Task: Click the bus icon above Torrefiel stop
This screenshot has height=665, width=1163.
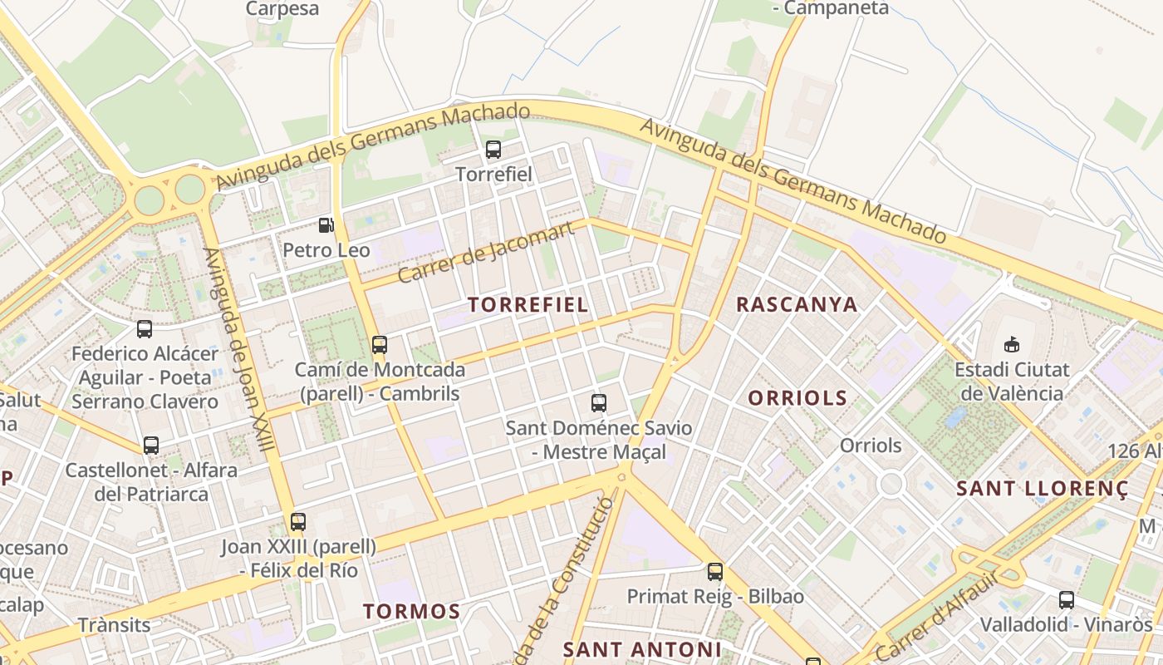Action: click(x=493, y=150)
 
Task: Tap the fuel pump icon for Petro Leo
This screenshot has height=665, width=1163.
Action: click(x=326, y=224)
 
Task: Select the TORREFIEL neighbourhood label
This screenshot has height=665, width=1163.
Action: click(x=528, y=304)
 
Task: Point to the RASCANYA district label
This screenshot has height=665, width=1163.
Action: click(x=797, y=304)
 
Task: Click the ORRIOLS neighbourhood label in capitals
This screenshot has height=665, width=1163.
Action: click(x=797, y=397)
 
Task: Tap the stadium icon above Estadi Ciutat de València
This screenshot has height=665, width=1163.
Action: click(x=1011, y=343)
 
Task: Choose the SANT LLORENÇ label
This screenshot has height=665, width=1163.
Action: click(x=1043, y=488)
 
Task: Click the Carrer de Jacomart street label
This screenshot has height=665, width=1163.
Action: click(x=486, y=252)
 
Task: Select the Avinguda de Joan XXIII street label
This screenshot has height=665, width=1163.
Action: click(x=238, y=349)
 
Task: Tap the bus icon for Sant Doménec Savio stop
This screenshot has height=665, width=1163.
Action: click(x=599, y=403)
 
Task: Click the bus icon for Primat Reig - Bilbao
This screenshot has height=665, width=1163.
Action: click(x=715, y=572)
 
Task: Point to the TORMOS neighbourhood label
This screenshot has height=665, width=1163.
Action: click(x=411, y=612)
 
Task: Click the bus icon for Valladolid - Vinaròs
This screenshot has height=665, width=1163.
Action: click(x=1067, y=599)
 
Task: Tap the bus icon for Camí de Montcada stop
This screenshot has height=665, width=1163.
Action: click(x=380, y=344)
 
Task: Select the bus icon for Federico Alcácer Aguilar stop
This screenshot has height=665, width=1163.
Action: click(x=145, y=329)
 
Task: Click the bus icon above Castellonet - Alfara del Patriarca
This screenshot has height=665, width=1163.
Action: click(x=151, y=446)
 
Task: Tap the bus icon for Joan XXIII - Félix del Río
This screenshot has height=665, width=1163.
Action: click(x=298, y=522)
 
